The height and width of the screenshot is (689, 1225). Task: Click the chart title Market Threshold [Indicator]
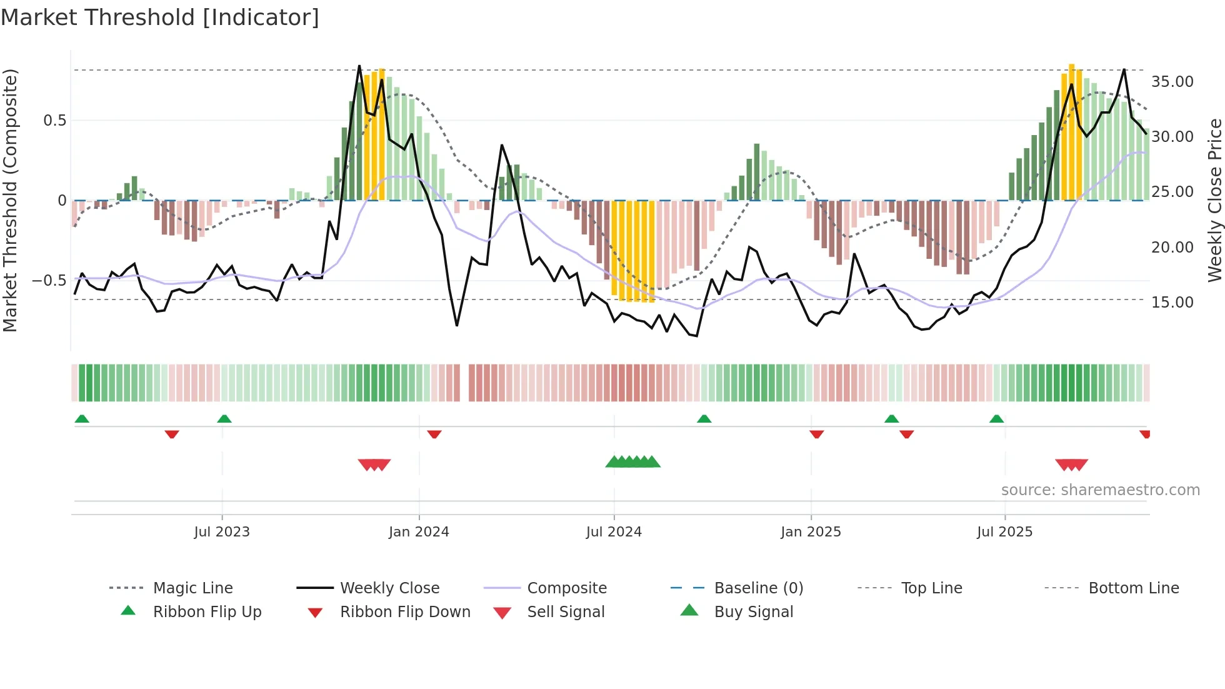click(160, 18)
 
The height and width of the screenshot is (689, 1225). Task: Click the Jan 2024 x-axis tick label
click(419, 532)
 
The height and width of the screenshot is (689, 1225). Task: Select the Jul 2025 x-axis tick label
click(1004, 532)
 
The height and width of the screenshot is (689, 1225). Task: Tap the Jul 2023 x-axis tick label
click(222, 532)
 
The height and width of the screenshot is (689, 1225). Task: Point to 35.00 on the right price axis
click(1172, 82)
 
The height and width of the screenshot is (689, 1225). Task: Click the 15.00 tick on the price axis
click(1172, 303)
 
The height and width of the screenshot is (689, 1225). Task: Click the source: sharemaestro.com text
click(1100, 490)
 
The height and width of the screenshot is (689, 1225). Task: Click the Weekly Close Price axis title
click(1214, 200)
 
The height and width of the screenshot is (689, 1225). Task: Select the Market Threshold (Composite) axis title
click(10, 200)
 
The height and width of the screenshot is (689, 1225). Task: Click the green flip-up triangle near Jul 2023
click(224, 419)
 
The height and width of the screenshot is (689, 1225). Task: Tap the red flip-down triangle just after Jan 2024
click(434, 434)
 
